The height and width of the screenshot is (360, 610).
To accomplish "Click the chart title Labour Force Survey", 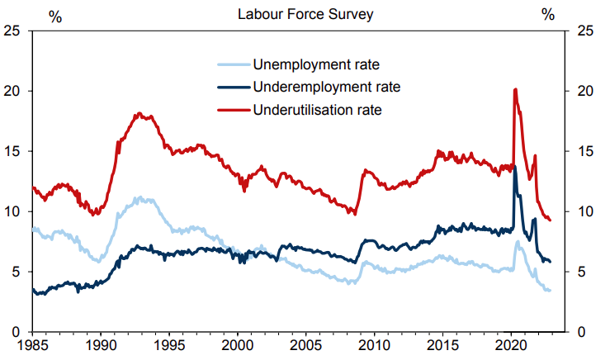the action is (x=305, y=14).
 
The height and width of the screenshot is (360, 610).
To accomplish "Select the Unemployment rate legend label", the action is (x=316, y=64).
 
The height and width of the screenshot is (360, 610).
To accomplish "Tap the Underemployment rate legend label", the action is (x=327, y=87).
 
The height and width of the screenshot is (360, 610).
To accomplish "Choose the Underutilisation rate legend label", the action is (x=318, y=110).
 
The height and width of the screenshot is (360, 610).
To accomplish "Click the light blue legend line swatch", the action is (x=234, y=64).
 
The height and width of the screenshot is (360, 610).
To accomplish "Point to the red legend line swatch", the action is (x=234, y=110).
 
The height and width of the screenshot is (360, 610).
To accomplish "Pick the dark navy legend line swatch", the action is (x=234, y=88).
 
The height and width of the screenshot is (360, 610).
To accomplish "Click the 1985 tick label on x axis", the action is (x=33, y=345).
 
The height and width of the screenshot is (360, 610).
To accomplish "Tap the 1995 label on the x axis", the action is (x=169, y=345).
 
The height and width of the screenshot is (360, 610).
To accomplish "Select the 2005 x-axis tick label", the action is (x=305, y=345).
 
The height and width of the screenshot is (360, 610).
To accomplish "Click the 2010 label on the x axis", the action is (x=374, y=345).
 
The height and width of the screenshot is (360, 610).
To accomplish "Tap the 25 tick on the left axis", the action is (x=12, y=31).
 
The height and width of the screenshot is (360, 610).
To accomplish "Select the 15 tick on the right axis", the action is (x=585, y=151).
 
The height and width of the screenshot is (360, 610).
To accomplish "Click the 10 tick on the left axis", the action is (x=12, y=211).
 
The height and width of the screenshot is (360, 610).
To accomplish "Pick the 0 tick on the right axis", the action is (x=581, y=332).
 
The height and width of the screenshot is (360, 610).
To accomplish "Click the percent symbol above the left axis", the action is (x=55, y=17).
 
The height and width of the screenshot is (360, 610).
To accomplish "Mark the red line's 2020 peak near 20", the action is (x=515, y=89).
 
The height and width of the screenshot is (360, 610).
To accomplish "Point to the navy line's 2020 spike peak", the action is (x=515, y=167).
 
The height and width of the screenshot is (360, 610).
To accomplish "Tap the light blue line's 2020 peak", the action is (x=518, y=242).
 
